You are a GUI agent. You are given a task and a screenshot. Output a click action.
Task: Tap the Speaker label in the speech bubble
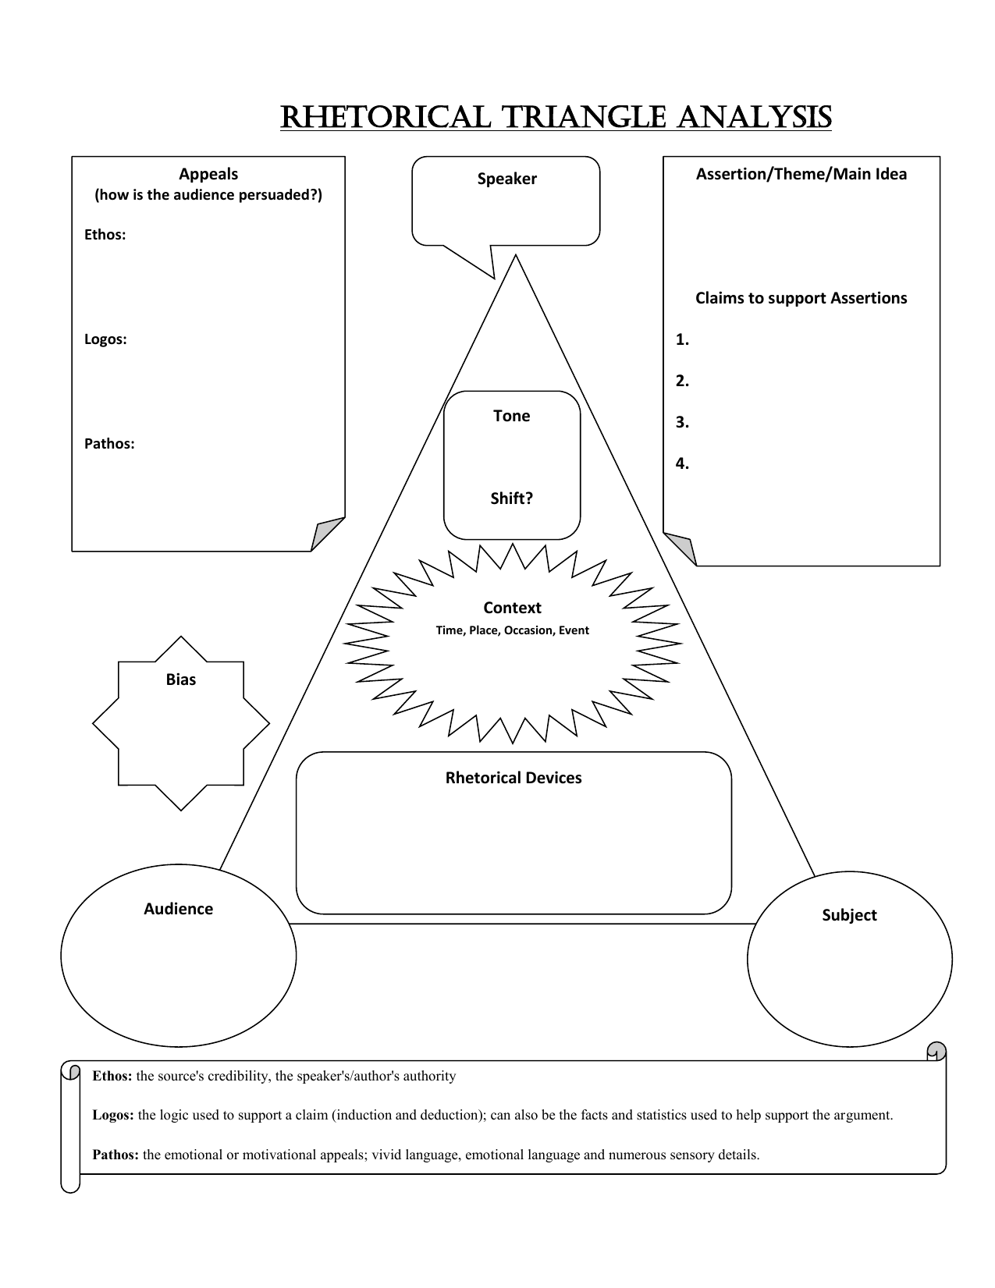(506, 179)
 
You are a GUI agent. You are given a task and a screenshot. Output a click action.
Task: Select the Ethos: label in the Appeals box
(105, 235)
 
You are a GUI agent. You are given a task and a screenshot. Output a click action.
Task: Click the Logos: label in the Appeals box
(105, 339)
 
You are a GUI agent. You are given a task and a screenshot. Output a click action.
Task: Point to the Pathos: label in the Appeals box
(109, 444)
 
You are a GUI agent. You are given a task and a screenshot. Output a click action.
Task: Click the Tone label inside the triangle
(511, 416)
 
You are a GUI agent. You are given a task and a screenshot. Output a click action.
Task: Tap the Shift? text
(511, 499)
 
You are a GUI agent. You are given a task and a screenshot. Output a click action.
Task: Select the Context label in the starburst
(512, 608)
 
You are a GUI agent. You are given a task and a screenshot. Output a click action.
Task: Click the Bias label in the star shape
(180, 679)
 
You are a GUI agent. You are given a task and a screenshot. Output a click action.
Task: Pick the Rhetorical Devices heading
(513, 778)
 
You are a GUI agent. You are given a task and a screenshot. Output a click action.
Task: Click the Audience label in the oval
(178, 909)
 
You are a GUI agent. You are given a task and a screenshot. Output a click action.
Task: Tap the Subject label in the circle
(849, 915)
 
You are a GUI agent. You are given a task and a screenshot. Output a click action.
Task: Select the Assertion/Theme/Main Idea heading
(801, 174)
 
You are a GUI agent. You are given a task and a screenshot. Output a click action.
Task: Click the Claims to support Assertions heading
(801, 298)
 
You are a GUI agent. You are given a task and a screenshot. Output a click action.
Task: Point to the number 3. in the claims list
(682, 422)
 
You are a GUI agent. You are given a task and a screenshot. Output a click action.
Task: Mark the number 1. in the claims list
(682, 339)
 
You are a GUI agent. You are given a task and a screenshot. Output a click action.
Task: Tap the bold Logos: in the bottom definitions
(113, 1115)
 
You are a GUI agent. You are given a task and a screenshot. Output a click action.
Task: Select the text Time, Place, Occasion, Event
(512, 630)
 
